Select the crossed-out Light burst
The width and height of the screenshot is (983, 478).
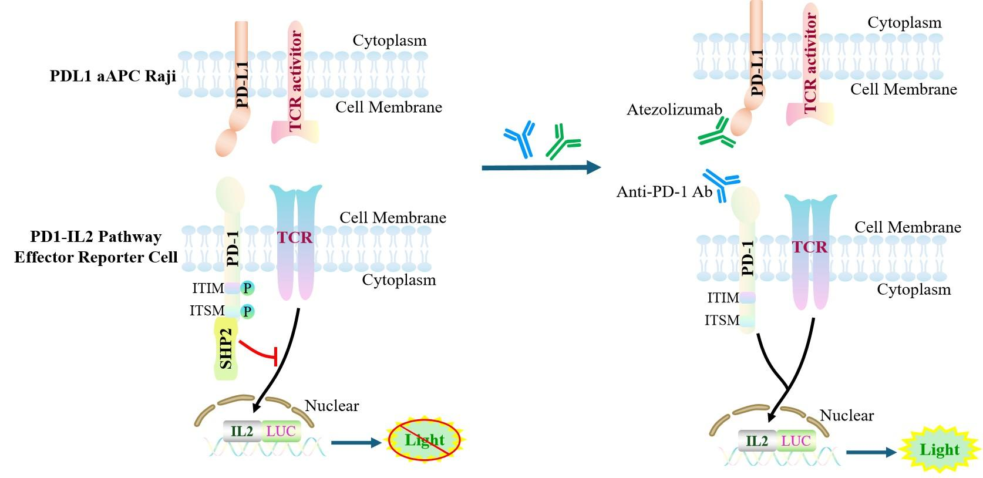(x=425, y=440)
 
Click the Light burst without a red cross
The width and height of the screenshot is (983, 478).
(x=939, y=450)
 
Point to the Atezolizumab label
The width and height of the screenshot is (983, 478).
(x=674, y=110)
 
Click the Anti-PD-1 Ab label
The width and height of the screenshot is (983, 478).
(x=664, y=191)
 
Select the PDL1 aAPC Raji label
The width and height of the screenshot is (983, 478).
(x=113, y=77)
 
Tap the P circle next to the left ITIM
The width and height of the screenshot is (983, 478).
(x=247, y=288)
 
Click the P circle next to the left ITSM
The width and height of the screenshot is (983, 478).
(x=247, y=311)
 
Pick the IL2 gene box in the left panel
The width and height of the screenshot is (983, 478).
(x=242, y=432)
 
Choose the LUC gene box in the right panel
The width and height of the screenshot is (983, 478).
(x=796, y=440)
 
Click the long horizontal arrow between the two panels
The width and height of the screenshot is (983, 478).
(x=540, y=168)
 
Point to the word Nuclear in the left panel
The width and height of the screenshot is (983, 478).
(x=332, y=406)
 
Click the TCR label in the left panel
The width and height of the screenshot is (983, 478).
(x=295, y=237)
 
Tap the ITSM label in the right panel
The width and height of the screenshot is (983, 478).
(x=722, y=320)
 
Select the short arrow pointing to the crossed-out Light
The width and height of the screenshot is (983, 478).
(x=356, y=442)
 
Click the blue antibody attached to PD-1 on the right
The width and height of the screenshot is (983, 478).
(x=722, y=182)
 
